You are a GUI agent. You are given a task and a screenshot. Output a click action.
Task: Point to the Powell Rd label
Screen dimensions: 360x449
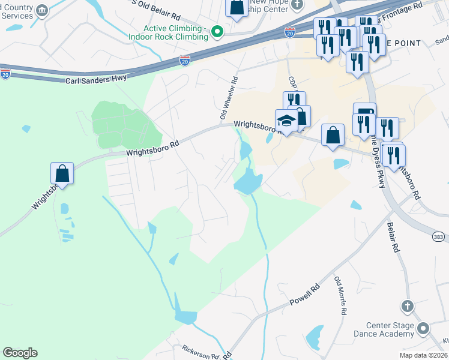point(306,295)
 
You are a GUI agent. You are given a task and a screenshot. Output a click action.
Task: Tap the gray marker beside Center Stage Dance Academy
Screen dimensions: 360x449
point(423,329)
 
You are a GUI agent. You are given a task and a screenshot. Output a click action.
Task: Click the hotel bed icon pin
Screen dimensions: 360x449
point(364,112)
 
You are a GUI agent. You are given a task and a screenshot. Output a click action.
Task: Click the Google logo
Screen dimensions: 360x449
point(20,353)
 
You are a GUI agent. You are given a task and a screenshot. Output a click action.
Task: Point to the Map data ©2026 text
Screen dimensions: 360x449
point(424,355)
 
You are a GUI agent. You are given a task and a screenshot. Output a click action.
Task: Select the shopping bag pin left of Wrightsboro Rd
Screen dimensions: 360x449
point(62,174)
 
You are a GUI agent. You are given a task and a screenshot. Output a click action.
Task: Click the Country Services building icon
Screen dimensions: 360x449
point(42,10)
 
